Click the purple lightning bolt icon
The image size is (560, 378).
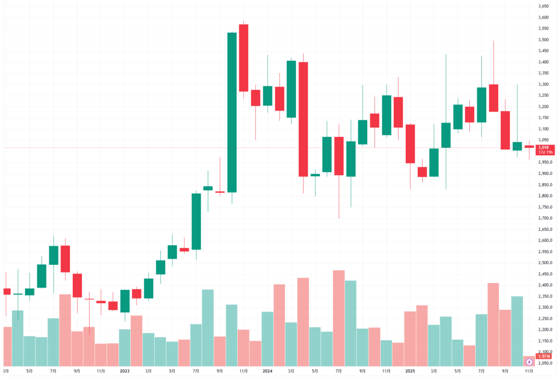pyautogui.click(x=529, y=362)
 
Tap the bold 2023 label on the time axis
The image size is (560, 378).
pyautogui.click(x=125, y=370)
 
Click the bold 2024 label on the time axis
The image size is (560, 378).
pyautogui.click(x=267, y=370)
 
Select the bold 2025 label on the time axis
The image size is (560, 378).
pyautogui.click(x=410, y=370)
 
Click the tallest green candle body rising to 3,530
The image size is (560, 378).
pyautogui.click(x=232, y=112)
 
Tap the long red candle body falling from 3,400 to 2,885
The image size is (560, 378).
pyautogui.click(x=303, y=119)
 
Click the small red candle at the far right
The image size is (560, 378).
pyautogui.click(x=529, y=147)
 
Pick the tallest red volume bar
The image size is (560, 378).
pyautogui.click(x=339, y=318)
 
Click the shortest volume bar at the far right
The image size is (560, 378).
pyautogui.click(x=529, y=361)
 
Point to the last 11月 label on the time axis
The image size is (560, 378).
pyautogui.click(x=529, y=370)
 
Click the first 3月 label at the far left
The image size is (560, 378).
pyautogui.click(x=7, y=370)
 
